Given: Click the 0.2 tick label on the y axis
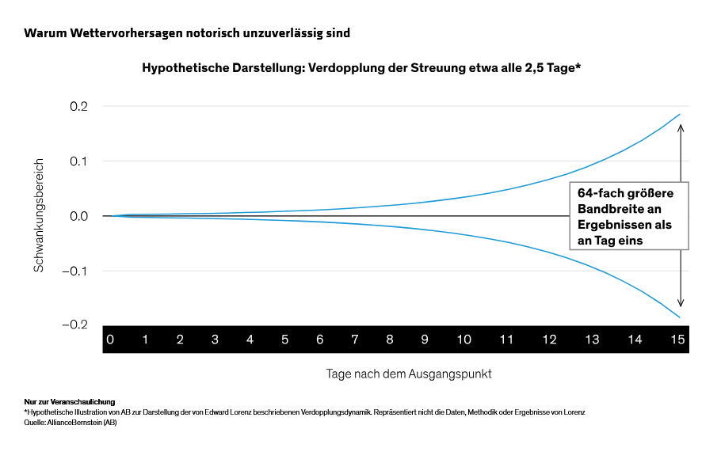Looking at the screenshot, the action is pos(78,107).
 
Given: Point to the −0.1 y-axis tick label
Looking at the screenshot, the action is pos(75,271).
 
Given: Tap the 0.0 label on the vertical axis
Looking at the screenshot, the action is pos(78,216).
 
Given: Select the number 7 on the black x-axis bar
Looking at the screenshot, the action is pos(354,340).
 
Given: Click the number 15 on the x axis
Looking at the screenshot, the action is pos(677,340).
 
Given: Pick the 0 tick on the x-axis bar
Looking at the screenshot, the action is pos(110,340).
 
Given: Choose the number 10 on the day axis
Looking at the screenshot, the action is pos(463,340).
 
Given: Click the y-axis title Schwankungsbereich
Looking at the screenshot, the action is pos(39,215).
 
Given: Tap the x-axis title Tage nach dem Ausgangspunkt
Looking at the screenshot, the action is pos(409,374).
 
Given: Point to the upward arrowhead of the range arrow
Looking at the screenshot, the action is pos(681,127).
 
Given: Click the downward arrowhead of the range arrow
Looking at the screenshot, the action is pos(681,303).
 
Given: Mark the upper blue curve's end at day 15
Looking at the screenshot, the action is pos(680,115).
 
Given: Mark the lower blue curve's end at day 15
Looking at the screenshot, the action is pos(680,317).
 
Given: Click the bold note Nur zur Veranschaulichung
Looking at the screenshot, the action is pos(70,402).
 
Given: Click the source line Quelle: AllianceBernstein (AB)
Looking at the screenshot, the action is pos(71,423).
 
